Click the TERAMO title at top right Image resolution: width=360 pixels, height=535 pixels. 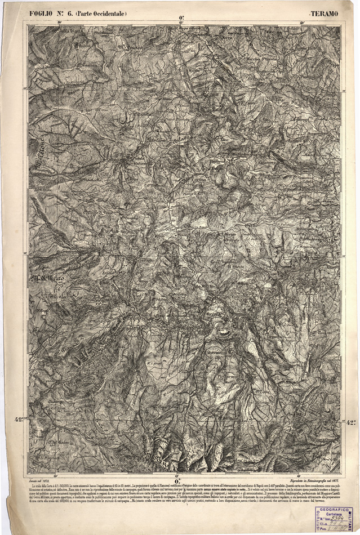325,12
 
